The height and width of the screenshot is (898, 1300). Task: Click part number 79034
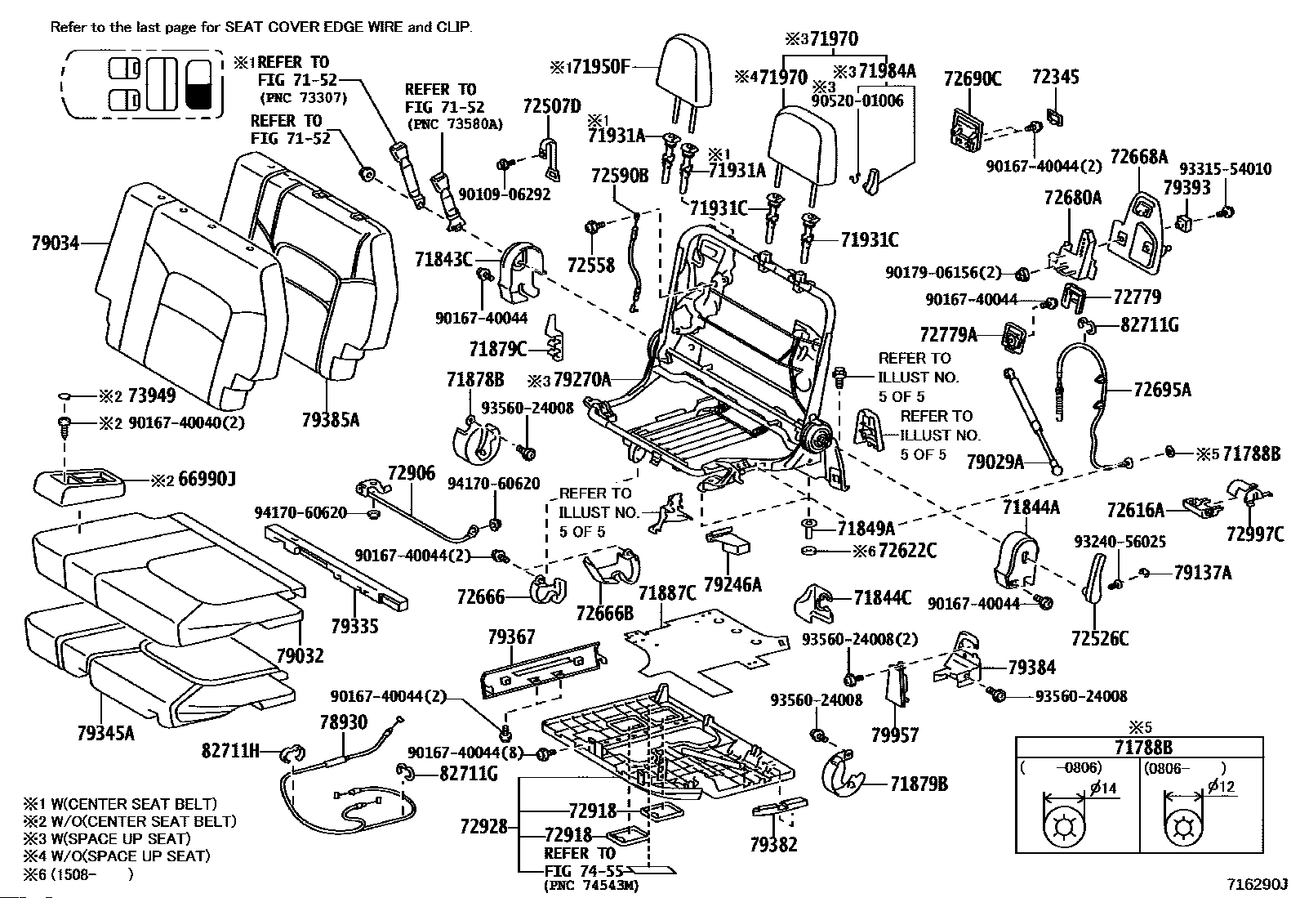pyautogui.click(x=56, y=243)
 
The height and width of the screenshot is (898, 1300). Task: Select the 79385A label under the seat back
pyautogui.click(x=330, y=419)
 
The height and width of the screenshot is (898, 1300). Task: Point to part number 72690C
pyautogui.click(x=973, y=78)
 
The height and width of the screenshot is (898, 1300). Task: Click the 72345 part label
pyautogui.click(x=1055, y=78)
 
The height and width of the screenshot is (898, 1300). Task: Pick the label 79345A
pyautogui.click(x=105, y=733)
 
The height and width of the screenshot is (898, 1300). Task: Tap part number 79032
pyautogui.click(x=300, y=656)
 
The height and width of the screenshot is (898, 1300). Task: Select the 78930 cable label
pyautogui.click(x=344, y=722)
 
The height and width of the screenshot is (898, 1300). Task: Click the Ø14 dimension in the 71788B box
pyautogui.click(x=1103, y=789)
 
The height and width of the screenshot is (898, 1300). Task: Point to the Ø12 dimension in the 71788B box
pyautogui.click(x=1222, y=787)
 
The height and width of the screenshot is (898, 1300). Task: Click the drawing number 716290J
pyautogui.click(x=1261, y=883)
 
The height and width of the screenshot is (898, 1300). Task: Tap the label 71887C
pyautogui.click(x=667, y=593)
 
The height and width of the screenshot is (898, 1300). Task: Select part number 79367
pyautogui.click(x=510, y=637)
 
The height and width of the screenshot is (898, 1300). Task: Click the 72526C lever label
pyautogui.click(x=1100, y=639)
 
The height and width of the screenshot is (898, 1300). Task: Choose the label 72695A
pyautogui.click(x=1162, y=389)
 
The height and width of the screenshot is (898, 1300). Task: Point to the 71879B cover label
pyautogui.click(x=919, y=784)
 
